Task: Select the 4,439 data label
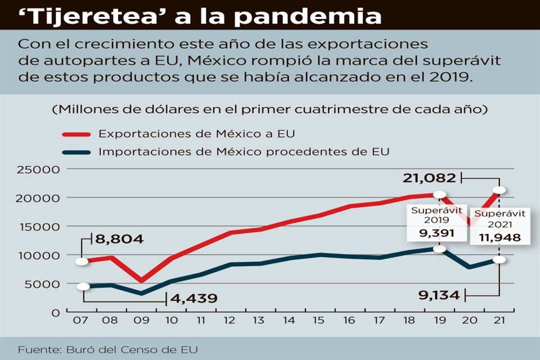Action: [x=192, y=298]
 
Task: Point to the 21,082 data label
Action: [x=429, y=178]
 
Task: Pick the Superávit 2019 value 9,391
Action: [x=429, y=232]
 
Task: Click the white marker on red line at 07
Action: [x=82, y=261]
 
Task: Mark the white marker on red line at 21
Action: [x=498, y=190]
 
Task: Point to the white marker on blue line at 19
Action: [x=440, y=249]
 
